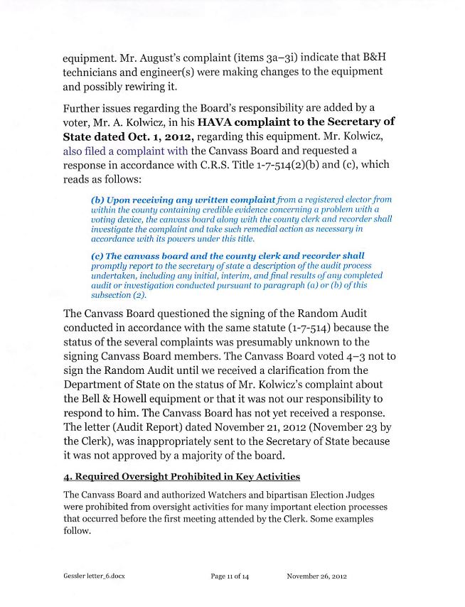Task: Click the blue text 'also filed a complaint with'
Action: (x=125, y=151)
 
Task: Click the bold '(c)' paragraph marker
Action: (x=97, y=256)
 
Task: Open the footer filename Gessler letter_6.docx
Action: (x=94, y=576)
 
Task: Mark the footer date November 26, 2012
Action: (x=316, y=576)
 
